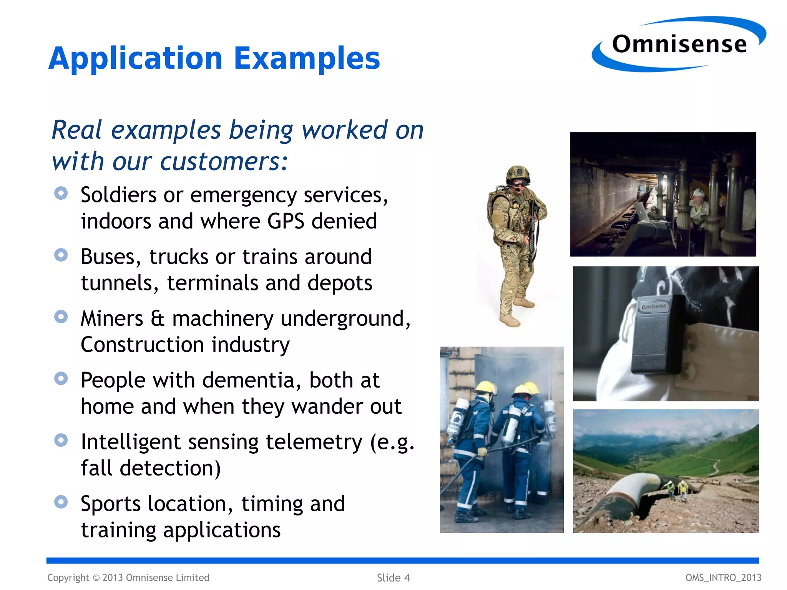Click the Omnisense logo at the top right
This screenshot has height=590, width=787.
coord(679,44)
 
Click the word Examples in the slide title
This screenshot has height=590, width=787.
coord(307,58)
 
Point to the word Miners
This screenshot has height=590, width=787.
coord(112,318)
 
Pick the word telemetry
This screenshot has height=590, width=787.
coord(314,442)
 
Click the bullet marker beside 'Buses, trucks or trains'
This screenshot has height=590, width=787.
coord(61,255)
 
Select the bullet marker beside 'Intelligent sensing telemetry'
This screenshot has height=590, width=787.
coord(61,440)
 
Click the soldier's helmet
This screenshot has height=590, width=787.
coord(517,173)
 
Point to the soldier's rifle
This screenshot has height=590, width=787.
coord(533,234)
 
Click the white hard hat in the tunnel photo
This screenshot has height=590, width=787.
coord(698,192)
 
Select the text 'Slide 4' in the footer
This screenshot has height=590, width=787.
coord(393,578)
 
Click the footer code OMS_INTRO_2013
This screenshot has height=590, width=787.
coord(723,578)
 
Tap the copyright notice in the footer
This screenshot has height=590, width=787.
coord(128,578)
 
